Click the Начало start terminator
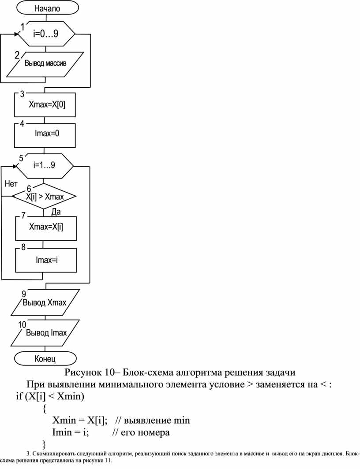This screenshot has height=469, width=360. [x=47, y=8]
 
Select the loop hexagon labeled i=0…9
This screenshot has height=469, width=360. [x=46, y=33]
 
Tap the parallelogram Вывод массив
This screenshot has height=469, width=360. [x=45, y=64]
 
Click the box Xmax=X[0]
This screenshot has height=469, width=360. [x=45, y=105]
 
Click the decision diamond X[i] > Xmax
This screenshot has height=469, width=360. [x=44, y=196]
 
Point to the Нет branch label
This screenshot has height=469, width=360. [x=11, y=184]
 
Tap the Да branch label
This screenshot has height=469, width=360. [x=56, y=212]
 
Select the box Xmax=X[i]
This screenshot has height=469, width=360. [x=46, y=228]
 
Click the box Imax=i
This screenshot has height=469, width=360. [x=46, y=260]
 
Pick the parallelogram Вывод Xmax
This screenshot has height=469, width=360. [x=45, y=302]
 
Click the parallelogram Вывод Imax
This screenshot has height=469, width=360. [x=45, y=333]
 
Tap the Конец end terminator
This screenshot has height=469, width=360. [x=45, y=358]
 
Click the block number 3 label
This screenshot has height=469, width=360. [x=22, y=94]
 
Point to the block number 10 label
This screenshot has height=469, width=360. [x=22, y=325]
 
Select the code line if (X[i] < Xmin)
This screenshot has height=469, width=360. [x=50, y=396]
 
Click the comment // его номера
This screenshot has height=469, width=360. [x=141, y=432]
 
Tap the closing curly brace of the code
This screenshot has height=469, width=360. [x=45, y=443]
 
